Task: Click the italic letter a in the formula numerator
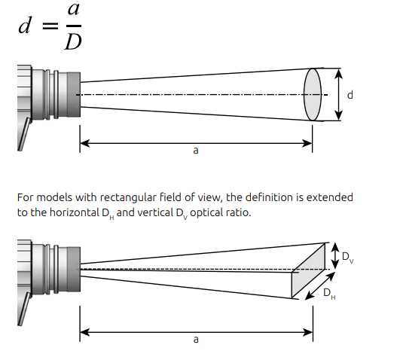(74, 10)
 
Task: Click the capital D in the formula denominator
(73, 42)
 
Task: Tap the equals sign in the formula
(50, 26)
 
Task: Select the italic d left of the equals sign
(25, 25)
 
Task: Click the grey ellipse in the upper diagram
(313, 94)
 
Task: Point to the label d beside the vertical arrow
(350, 95)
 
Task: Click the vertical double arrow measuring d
(338, 94)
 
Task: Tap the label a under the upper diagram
(196, 151)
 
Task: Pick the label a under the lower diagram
(196, 340)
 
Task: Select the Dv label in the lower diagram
(348, 257)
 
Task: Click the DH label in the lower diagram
(329, 294)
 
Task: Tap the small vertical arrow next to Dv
(335, 255)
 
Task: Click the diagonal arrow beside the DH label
(320, 286)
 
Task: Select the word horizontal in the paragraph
(75, 212)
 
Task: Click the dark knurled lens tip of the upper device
(74, 95)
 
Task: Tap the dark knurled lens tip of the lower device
(74, 269)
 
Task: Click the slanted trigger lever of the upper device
(24, 134)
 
